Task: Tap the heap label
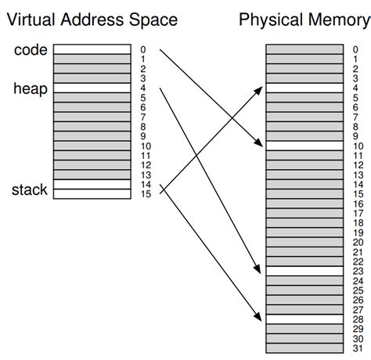point(31,88)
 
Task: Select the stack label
point(31,189)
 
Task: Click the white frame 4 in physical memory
point(304,88)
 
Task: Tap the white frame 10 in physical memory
point(304,145)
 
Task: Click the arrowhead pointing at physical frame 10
point(261,144)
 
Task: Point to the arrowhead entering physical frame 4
point(261,89)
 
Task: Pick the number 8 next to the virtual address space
point(143,126)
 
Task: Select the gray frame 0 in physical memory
point(304,49)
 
